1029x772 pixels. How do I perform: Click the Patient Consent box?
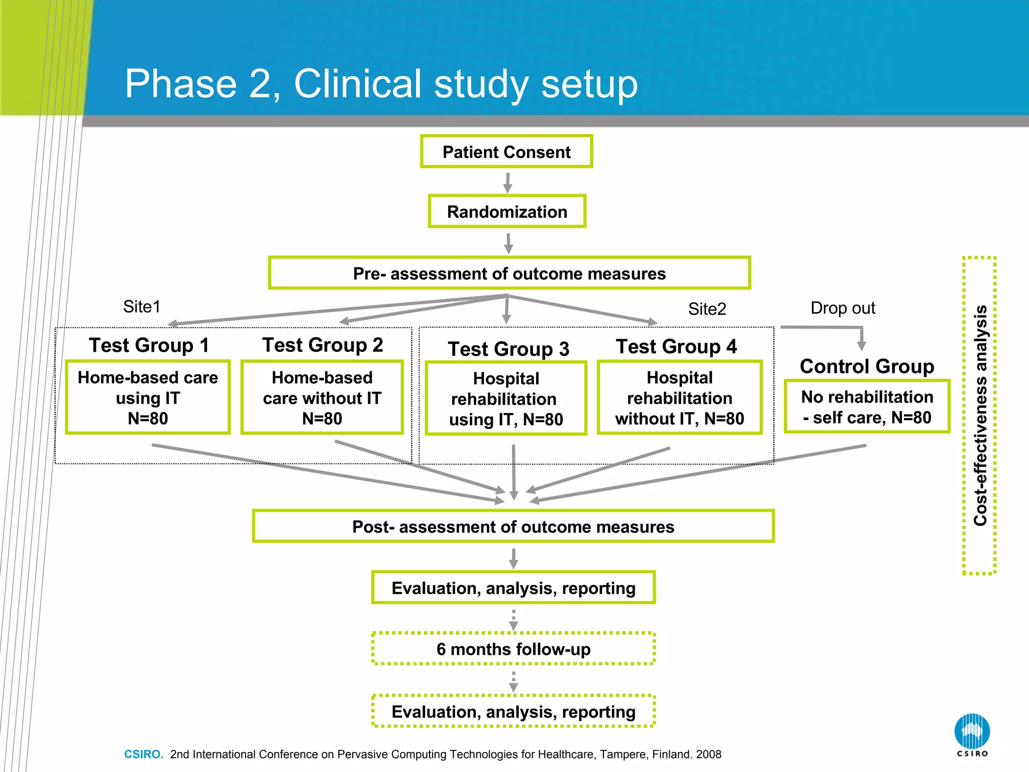coord(506,152)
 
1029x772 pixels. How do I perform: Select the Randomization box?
coord(507,212)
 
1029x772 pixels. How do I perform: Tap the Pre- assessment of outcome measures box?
coord(509,273)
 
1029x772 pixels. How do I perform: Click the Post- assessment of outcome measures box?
coord(513,526)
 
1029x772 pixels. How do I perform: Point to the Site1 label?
coord(142,307)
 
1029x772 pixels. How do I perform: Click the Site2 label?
coord(707,309)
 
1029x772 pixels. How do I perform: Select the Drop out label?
coord(843,308)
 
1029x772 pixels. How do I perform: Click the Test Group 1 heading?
coord(149,345)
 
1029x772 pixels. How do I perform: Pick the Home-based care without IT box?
coord(322,398)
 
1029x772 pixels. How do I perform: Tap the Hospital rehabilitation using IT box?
coord(506,399)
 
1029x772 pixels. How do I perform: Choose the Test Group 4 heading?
coord(676,347)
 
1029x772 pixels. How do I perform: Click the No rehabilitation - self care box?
coord(867,407)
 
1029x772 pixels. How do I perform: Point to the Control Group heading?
coord(867,366)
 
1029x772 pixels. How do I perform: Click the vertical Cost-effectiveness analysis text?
coord(980,415)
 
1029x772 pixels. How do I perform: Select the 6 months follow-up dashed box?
coord(513,649)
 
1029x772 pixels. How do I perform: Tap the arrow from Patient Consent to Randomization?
coord(507,182)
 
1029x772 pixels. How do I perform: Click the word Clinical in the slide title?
coord(357,84)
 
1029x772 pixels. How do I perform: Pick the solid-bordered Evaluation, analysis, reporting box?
coord(513,588)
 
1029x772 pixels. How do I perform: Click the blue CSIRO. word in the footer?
coord(144,754)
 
